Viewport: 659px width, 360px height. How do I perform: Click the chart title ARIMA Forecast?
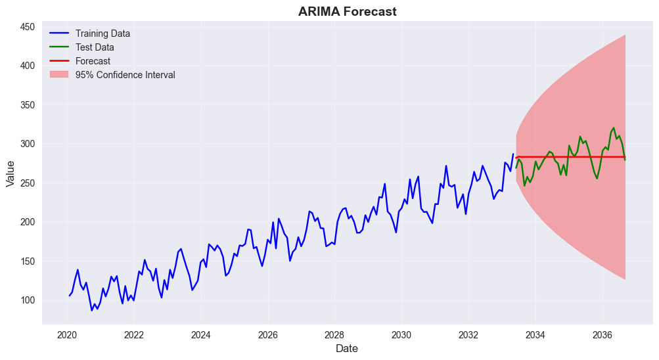(x=347, y=12)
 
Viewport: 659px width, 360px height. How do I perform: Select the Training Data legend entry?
(x=102, y=34)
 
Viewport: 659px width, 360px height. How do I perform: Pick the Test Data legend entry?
(x=95, y=47)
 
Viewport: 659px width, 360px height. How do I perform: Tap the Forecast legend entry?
(x=93, y=61)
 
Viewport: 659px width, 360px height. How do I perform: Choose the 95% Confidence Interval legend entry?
(x=125, y=75)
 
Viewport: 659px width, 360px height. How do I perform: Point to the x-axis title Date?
(x=347, y=349)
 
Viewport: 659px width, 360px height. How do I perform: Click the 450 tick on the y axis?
(x=27, y=27)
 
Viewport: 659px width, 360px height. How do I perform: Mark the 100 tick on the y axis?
(x=27, y=300)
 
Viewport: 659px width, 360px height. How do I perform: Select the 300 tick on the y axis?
(x=27, y=144)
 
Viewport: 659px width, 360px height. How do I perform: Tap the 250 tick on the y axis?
(x=27, y=183)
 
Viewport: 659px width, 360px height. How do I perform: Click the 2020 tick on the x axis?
(x=67, y=334)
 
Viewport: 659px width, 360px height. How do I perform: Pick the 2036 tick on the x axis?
(x=602, y=334)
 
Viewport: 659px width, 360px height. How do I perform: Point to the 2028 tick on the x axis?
(x=334, y=334)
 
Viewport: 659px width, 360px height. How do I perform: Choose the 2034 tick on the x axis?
(x=535, y=334)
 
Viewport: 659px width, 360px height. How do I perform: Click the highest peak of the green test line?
(x=614, y=128)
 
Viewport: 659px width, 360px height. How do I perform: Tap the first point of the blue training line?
(x=69, y=296)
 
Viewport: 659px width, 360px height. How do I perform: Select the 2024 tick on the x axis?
(x=201, y=334)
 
